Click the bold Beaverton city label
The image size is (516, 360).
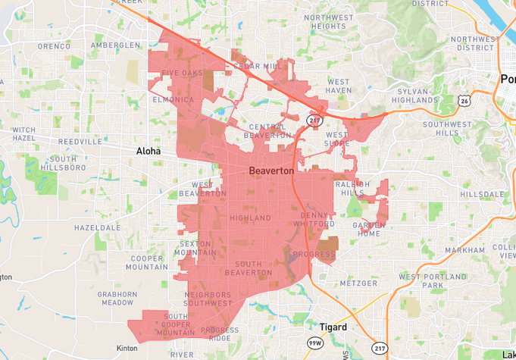click(271, 171)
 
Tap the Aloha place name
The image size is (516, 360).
click(149, 151)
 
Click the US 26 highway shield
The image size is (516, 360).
click(464, 99)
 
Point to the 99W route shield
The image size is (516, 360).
click(314, 344)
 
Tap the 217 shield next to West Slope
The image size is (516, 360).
click(314, 121)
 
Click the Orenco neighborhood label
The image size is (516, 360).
click(54, 45)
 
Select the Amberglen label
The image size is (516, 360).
click(115, 45)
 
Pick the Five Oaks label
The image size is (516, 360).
click(182, 74)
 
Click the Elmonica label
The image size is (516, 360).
click(174, 99)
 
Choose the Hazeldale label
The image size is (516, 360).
click(97, 227)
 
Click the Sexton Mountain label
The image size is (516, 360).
click(199, 248)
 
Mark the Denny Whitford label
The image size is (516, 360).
click(318, 219)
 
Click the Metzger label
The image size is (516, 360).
click(358, 283)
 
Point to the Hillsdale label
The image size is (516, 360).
click(481, 194)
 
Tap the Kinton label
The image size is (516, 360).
click(127, 349)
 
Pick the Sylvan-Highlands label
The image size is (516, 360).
click(417, 95)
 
